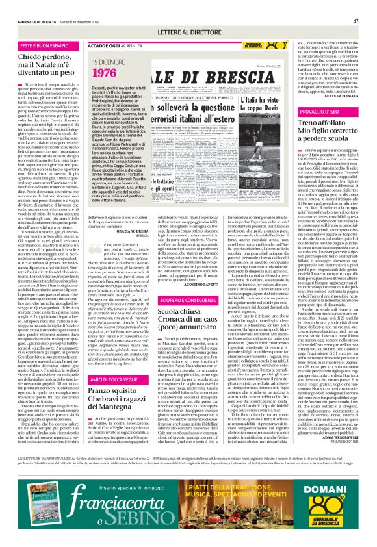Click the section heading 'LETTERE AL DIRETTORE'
[188, 32]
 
